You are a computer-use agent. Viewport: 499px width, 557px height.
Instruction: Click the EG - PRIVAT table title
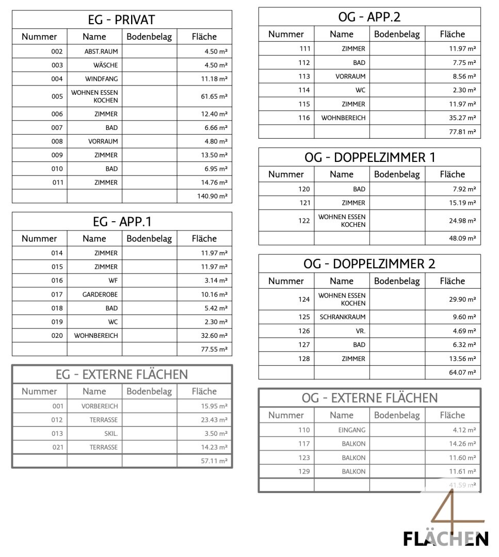point(121,20)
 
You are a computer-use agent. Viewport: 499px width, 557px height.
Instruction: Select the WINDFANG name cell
point(101,79)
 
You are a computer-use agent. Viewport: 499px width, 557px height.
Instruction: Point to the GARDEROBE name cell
point(100,294)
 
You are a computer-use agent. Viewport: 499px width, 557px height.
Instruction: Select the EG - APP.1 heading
point(121,222)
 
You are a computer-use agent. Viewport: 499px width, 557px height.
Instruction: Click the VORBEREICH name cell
point(99,406)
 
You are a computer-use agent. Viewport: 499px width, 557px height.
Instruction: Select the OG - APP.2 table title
point(369,17)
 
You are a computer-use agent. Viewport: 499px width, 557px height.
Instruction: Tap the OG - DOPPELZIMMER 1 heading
point(369,157)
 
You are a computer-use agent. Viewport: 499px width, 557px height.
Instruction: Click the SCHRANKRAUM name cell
point(342,317)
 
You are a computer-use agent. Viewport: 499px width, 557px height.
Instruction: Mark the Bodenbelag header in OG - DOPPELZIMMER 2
point(397,281)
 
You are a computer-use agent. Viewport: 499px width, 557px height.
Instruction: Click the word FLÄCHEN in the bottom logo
point(445,539)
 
